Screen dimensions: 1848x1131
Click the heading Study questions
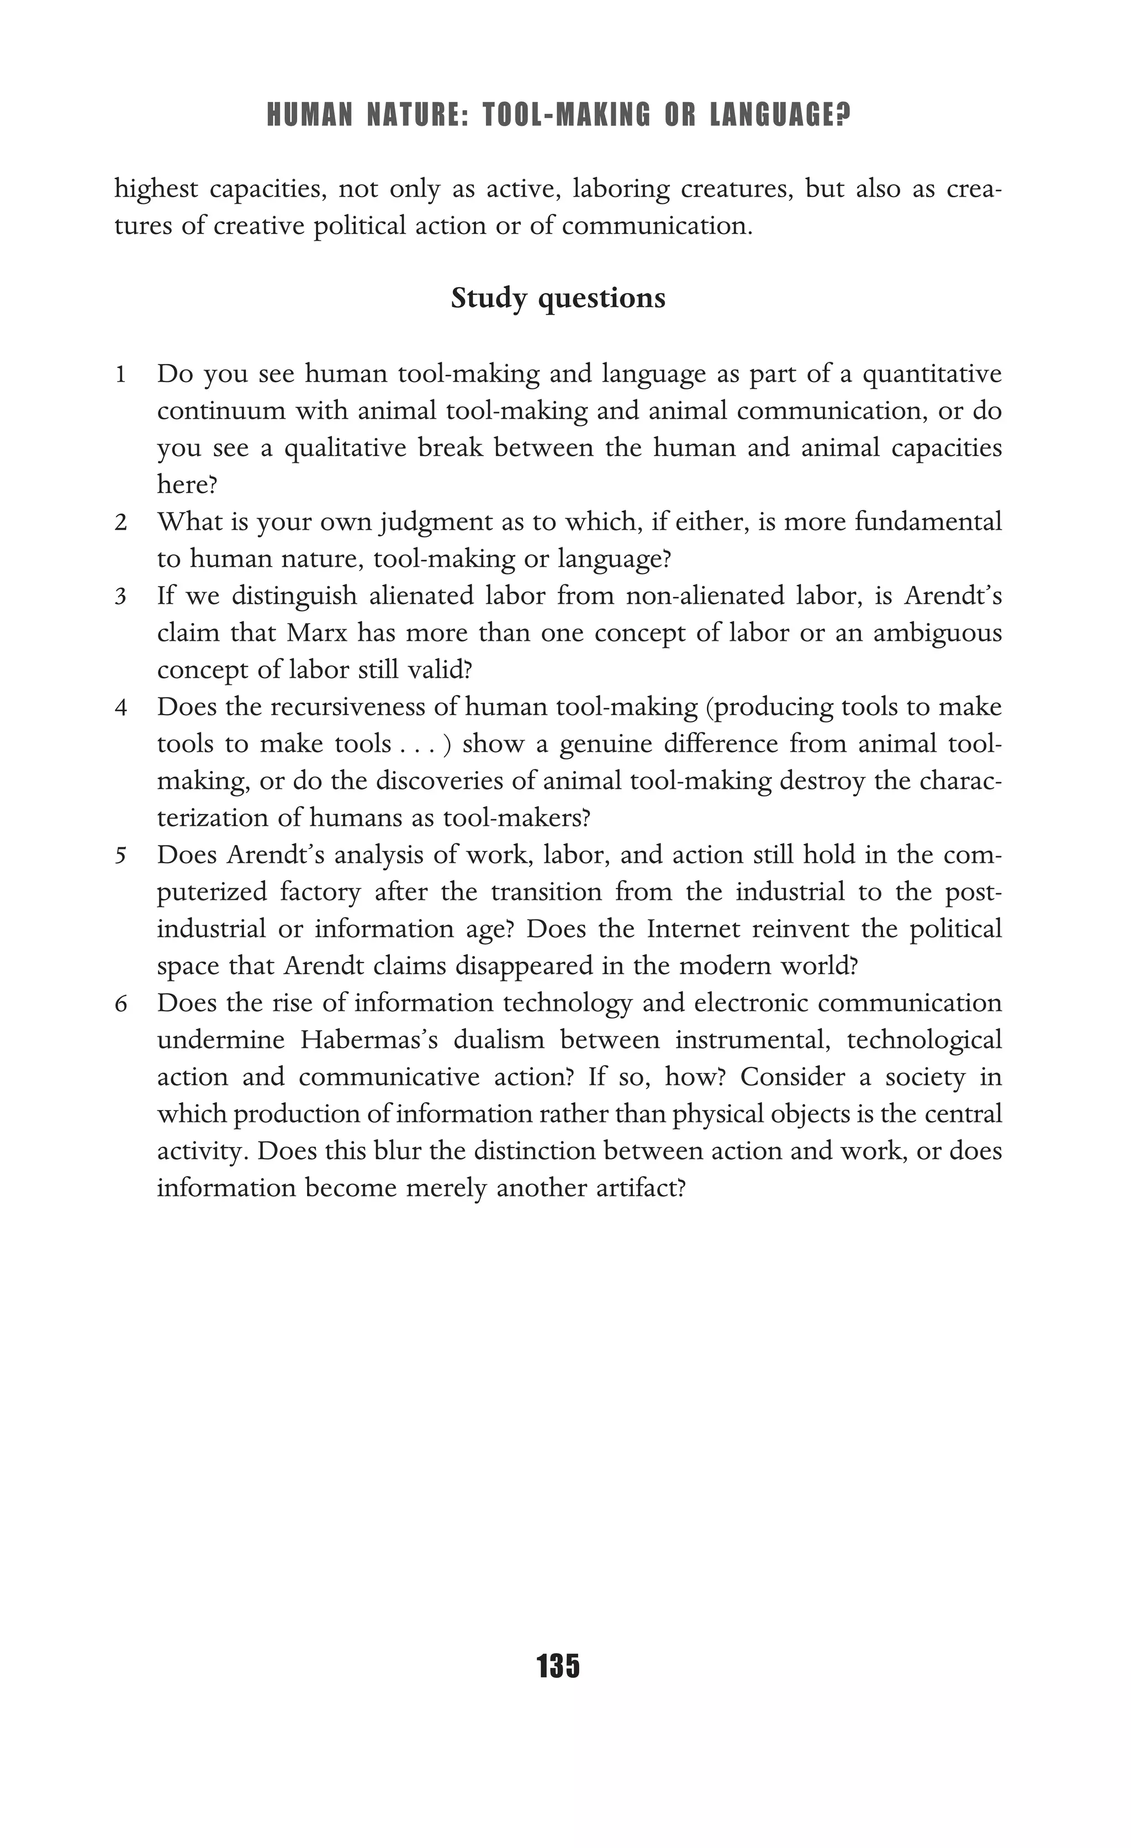[x=558, y=298]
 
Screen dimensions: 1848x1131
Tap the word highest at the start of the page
[x=156, y=189]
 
